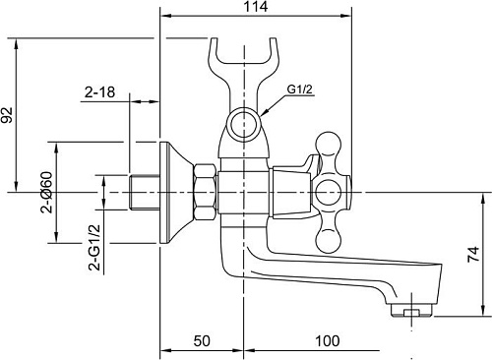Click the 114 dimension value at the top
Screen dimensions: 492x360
click(256, 7)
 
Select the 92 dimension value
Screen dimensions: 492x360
click(7, 115)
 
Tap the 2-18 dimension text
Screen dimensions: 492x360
click(99, 92)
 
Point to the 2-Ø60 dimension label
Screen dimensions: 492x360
click(46, 193)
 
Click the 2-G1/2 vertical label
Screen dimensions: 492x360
click(94, 247)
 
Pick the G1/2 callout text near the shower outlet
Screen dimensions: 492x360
click(300, 89)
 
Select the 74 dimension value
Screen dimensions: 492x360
click(473, 254)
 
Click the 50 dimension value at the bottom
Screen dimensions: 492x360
click(202, 341)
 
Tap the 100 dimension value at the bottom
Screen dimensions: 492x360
click(328, 341)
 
